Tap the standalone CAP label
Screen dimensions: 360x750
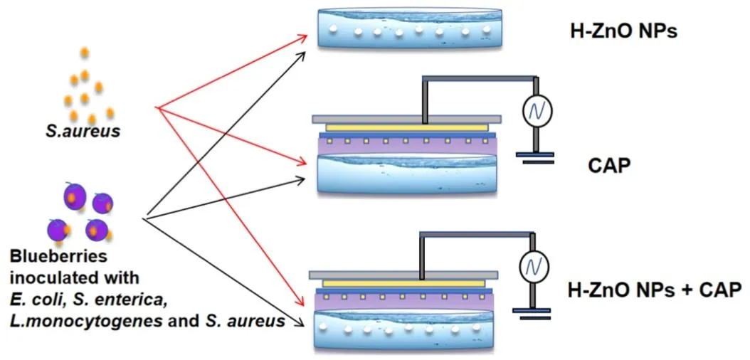[x=610, y=166]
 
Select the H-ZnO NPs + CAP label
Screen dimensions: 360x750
[x=655, y=290]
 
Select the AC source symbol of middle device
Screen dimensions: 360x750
[x=534, y=109]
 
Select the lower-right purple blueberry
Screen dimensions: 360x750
[x=97, y=229]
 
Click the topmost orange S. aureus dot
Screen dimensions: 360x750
[x=85, y=52]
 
